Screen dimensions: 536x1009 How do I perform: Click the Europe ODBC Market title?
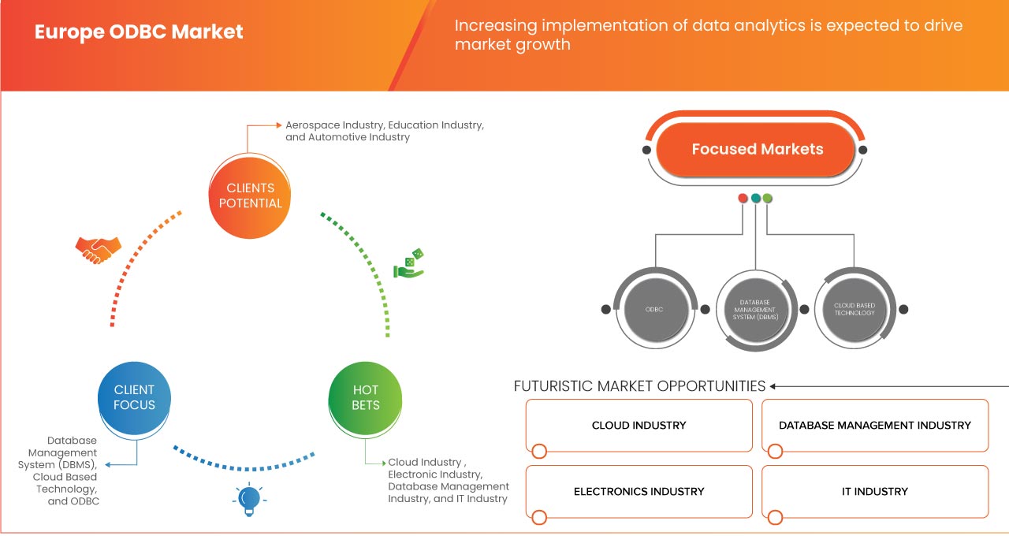(x=139, y=32)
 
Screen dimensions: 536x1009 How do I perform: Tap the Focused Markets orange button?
(x=757, y=149)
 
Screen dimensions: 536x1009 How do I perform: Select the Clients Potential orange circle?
(x=250, y=195)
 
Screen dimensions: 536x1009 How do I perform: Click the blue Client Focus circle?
(x=134, y=397)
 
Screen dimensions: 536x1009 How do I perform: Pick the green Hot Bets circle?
(x=365, y=397)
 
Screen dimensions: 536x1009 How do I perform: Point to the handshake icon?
(x=99, y=250)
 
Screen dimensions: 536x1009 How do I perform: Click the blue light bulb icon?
(x=248, y=499)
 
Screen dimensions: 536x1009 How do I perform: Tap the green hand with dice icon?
(x=409, y=263)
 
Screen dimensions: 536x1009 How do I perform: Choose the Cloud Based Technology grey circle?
(x=854, y=309)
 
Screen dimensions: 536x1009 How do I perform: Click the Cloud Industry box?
(x=639, y=426)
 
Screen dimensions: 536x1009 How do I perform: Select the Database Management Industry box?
(x=874, y=426)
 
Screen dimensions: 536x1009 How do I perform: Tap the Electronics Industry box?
(x=639, y=492)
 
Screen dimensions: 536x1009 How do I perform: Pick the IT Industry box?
(x=874, y=492)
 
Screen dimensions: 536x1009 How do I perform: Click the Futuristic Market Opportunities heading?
(x=639, y=386)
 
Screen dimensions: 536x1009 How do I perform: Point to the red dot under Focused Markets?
(x=743, y=198)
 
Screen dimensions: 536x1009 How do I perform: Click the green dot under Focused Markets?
(x=768, y=198)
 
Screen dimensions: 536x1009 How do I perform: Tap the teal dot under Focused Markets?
(x=755, y=198)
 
